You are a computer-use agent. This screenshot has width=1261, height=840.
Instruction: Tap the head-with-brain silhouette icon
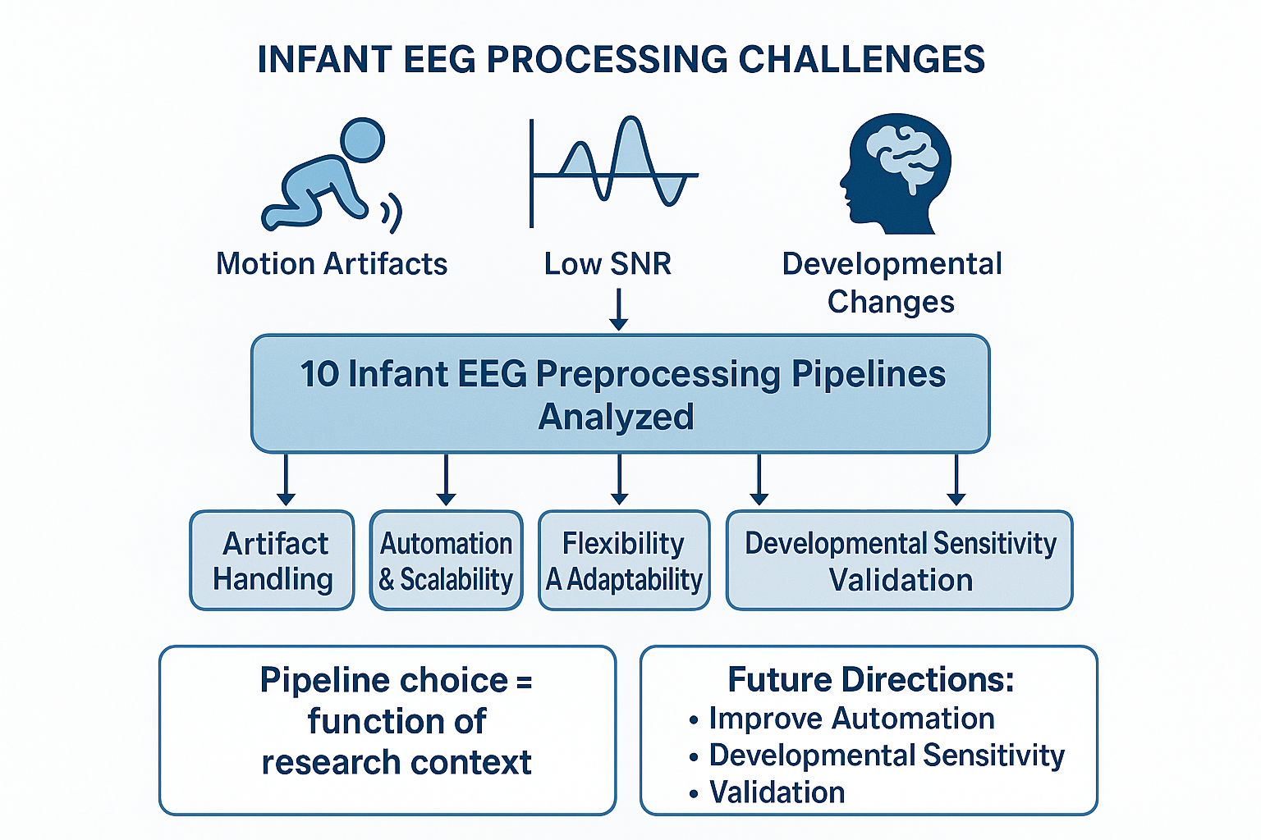point(895,174)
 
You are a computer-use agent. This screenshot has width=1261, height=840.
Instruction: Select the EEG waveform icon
point(613,171)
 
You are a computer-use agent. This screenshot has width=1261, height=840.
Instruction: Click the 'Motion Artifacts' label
point(332,264)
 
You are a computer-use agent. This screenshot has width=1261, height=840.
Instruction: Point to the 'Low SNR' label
point(608,264)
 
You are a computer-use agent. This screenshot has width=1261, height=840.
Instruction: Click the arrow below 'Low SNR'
point(619,309)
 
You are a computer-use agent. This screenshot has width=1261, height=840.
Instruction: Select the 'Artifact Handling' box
point(272,560)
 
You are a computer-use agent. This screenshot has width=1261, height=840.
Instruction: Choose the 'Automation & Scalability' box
point(446,560)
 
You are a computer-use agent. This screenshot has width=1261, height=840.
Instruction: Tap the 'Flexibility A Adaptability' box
point(624,560)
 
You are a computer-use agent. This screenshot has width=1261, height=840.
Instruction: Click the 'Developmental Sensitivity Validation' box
point(900,560)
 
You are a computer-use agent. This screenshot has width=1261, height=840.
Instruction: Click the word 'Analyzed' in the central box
point(616,418)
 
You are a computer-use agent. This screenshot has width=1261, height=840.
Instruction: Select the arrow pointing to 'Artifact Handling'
point(286,479)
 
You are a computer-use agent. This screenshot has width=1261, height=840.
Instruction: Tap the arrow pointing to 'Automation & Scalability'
point(446,479)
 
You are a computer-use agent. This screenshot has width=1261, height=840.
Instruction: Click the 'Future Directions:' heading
point(871,679)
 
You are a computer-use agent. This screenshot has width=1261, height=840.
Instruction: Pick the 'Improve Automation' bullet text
point(851,719)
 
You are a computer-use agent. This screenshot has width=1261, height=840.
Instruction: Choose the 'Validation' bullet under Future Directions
point(777,792)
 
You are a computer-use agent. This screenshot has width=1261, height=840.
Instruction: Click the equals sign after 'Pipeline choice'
point(524,682)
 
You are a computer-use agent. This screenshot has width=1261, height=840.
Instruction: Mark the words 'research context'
point(397,762)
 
